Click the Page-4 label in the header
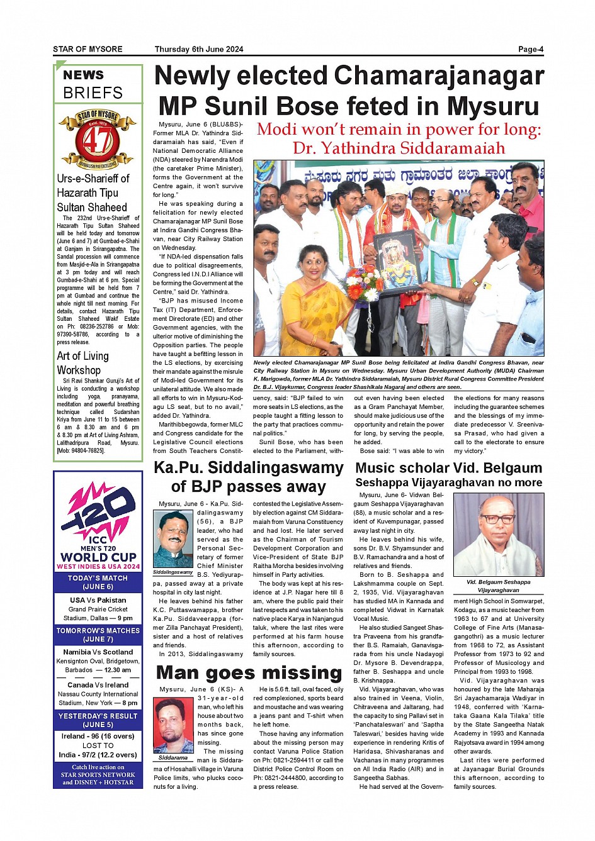click(531, 49)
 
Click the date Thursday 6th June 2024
click(199, 49)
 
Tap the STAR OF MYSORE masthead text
click(88, 49)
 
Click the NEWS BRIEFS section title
click(93, 84)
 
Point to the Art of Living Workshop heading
click(82, 363)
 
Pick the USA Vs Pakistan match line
click(98, 600)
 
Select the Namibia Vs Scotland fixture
click(98, 652)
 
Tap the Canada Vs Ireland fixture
click(98, 685)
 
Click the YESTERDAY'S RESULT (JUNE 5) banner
click(98, 720)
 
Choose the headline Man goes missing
click(249, 673)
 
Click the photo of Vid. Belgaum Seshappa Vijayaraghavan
click(499, 535)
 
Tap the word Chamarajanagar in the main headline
click(438, 77)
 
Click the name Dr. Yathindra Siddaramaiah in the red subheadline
click(399, 148)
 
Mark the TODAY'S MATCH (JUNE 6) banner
click(98, 582)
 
